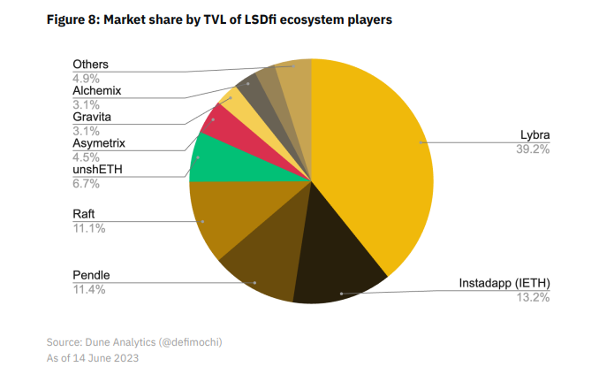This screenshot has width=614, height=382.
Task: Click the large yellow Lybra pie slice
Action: (x=380, y=159)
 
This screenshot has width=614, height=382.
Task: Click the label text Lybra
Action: (x=534, y=136)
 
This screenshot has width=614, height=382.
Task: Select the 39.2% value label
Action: (x=533, y=149)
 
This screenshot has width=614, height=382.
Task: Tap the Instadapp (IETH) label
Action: (x=504, y=283)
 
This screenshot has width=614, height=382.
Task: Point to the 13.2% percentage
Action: (x=533, y=297)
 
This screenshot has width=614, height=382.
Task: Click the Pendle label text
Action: (x=92, y=276)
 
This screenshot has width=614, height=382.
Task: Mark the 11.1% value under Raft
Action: (x=88, y=228)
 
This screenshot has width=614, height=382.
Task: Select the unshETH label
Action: (x=97, y=170)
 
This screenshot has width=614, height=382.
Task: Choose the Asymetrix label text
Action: (x=99, y=142)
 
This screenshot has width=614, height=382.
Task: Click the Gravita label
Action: (x=92, y=117)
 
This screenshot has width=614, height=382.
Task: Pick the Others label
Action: (x=92, y=65)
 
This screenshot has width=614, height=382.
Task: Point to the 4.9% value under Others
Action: (x=86, y=78)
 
